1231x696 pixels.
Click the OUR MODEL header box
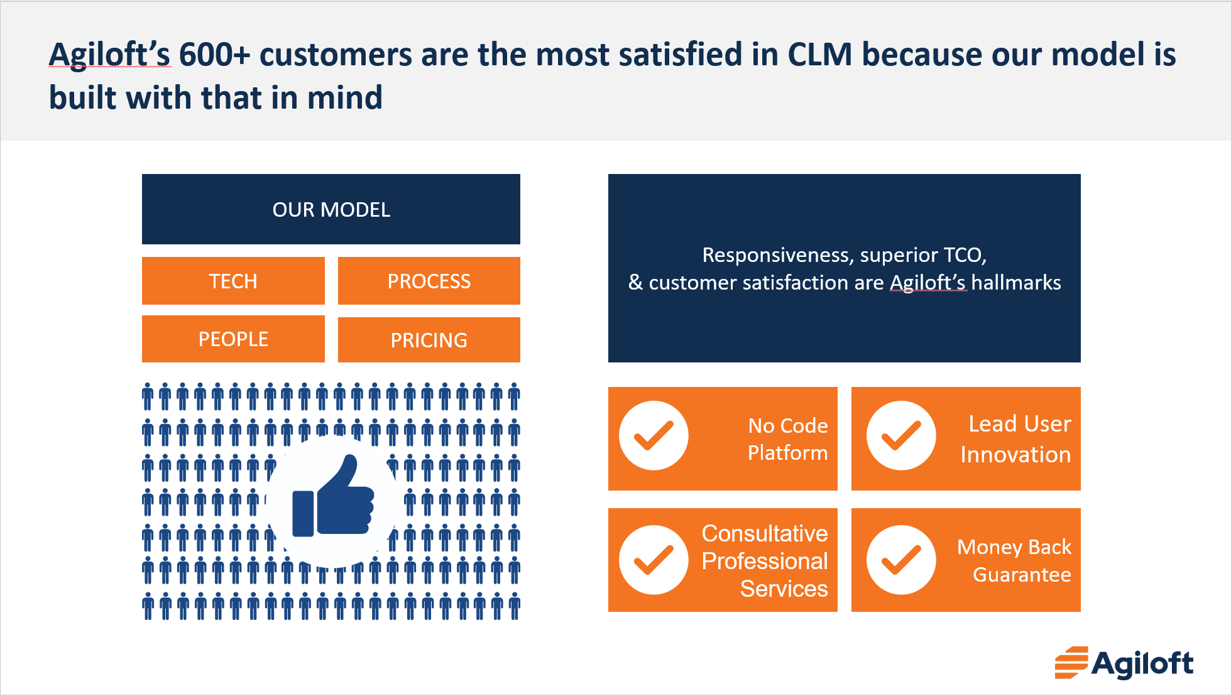(x=331, y=209)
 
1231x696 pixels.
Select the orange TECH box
(x=233, y=281)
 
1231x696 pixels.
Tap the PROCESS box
(x=429, y=281)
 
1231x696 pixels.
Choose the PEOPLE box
(x=233, y=339)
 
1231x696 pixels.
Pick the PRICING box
(x=429, y=340)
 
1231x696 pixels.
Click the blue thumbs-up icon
(x=332, y=499)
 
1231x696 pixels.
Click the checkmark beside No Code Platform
(x=654, y=435)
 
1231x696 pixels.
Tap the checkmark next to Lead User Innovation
(x=901, y=435)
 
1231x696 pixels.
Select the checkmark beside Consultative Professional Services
(x=654, y=560)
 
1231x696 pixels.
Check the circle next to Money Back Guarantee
(x=901, y=560)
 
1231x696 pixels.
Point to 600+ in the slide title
(x=214, y=55)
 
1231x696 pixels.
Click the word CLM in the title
(x=819, y=55)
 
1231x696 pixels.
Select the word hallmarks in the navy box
(x=1015, y=283)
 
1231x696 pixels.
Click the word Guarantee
(x=1022, y=575)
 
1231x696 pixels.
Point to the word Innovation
(x=1015, y=454)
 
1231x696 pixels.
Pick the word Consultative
(x=765, y=533)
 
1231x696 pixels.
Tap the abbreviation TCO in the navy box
(x=964, y=255)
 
